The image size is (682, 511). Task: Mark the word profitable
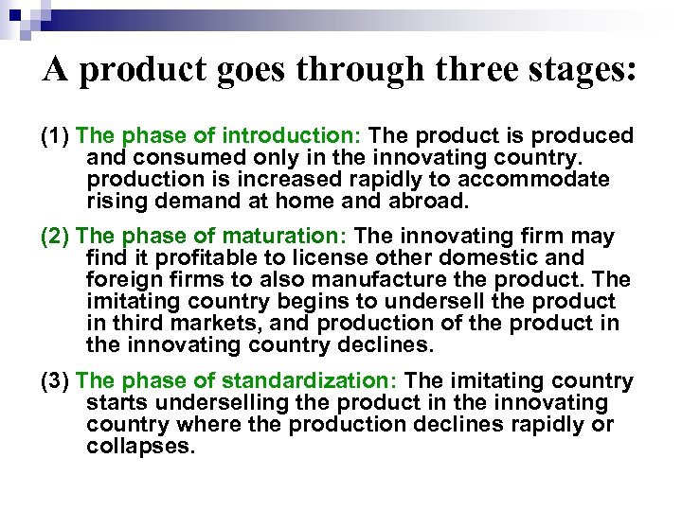(x=190, y=256)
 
